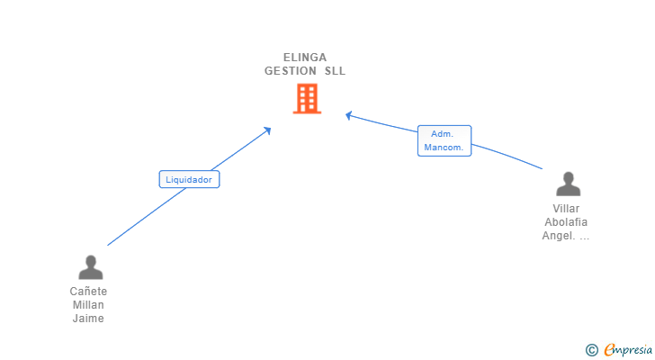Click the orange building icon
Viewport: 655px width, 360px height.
307,99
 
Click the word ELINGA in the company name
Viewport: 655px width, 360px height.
305,58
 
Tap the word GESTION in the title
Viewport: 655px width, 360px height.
291,71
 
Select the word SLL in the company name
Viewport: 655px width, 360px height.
335,71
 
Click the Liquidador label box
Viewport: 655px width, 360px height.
189,179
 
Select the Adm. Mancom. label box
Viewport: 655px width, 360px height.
444,140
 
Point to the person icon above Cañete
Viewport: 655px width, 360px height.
90,267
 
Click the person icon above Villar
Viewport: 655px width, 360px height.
568,184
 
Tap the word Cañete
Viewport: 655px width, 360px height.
88,292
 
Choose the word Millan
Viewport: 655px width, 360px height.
88,305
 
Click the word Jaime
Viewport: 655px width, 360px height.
88,319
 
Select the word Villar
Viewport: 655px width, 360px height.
566,209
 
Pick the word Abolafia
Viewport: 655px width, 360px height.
566,222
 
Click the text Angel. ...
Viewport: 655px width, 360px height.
560,236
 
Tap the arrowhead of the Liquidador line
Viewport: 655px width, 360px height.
267,130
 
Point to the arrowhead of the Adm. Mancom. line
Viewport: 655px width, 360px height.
349,114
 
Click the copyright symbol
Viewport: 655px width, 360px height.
591,350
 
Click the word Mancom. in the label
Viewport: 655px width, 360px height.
444,147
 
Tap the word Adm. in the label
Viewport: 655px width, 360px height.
442,134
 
